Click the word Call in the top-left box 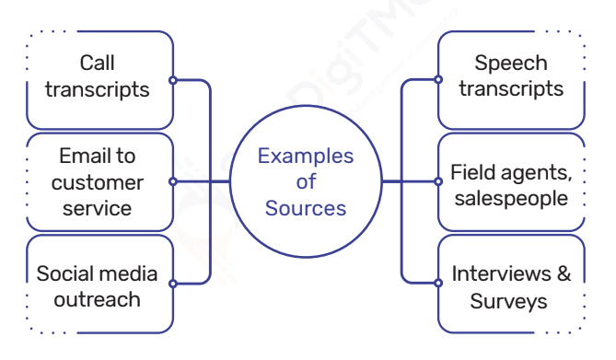97,64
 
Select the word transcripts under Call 97,89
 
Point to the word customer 97,182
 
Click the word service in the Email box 97,208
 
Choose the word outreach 97,300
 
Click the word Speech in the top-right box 511,64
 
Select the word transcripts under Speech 511,89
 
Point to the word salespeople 511,198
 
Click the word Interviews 497,274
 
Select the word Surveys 509,301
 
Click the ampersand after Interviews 564,274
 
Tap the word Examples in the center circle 305,156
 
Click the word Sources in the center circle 306,208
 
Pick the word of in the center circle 306,182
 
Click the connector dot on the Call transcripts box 173,80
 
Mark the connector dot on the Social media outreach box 173,284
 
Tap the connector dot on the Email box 173,181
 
